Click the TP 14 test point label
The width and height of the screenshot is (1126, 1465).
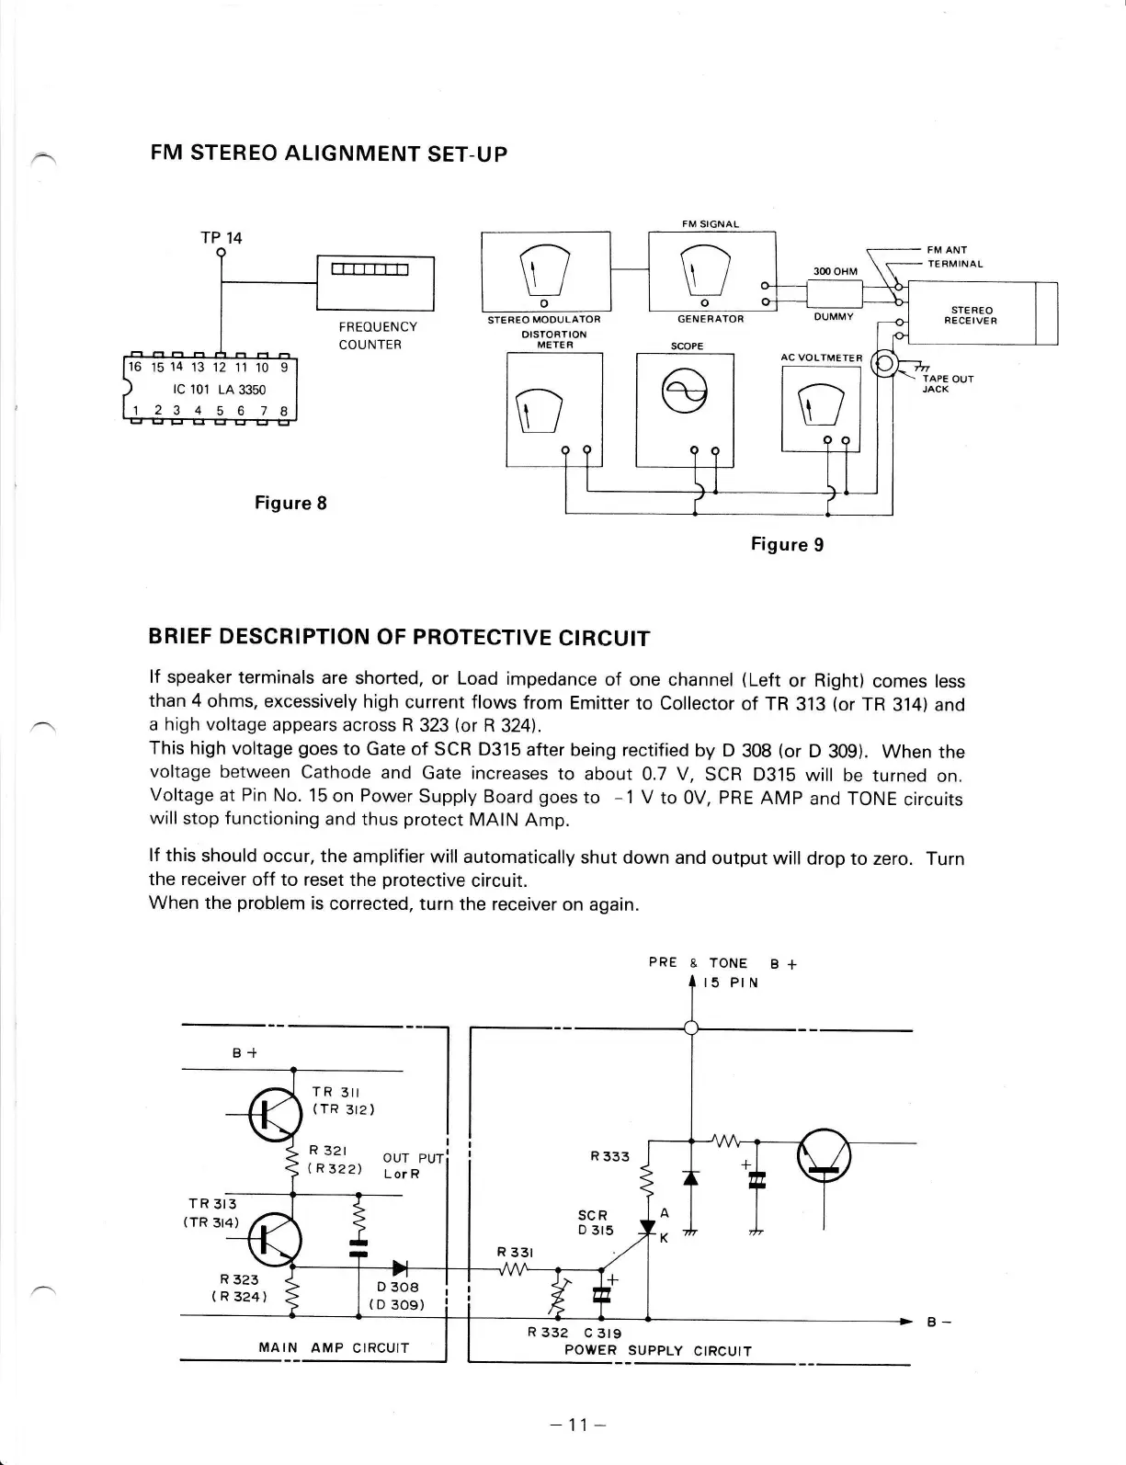point(222,238)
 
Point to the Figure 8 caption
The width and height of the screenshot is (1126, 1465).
point(290,503)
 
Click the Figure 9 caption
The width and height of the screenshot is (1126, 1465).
point(787,544)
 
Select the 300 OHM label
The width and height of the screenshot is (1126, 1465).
point(835,271)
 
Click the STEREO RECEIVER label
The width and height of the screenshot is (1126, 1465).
point(972,315)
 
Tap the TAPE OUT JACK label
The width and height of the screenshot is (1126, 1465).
point(948,383)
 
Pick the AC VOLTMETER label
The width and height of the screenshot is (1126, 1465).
point(822,358)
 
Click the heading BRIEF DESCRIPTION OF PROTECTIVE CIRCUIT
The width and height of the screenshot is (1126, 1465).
point(399,638)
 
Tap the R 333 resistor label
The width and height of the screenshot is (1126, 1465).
point(609,1156)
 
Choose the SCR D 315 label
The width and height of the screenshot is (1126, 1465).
point(594,1222)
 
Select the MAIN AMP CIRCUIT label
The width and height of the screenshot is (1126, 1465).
point(334,1347)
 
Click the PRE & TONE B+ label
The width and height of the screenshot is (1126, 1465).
point(722,962)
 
